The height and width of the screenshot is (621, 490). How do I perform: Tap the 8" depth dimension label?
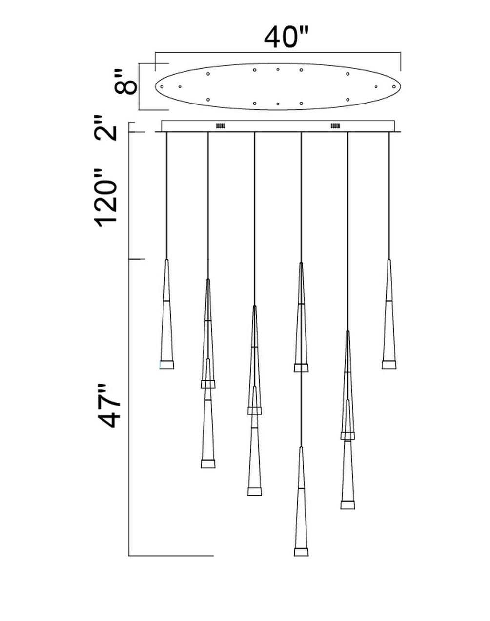click(x=125, y=82)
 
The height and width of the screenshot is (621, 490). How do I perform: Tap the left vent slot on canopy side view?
click(x=220, y=126)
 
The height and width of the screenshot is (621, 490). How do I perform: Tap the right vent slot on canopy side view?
click(x=335, y=126)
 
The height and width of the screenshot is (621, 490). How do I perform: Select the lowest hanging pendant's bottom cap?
click(x=301, y=552)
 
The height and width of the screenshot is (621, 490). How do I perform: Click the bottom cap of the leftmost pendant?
click(x=166, y=365)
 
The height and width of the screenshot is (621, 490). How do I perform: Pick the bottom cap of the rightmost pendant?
click(x=389, y=365)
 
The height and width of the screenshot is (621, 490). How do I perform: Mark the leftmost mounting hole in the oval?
click(x=162, y=87)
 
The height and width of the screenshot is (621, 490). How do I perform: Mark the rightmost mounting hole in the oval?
click(x=394, y=87)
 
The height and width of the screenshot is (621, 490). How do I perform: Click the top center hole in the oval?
click(x=278, y=69)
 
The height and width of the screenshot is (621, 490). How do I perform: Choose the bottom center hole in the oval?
click(x=278, y=103)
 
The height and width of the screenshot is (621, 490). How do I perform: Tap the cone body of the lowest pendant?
click(x=301, y=508)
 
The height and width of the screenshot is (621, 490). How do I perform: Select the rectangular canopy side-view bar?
click(x=278, y=126)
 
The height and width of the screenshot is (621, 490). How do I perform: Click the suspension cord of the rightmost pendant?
click(x=389, y=195)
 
